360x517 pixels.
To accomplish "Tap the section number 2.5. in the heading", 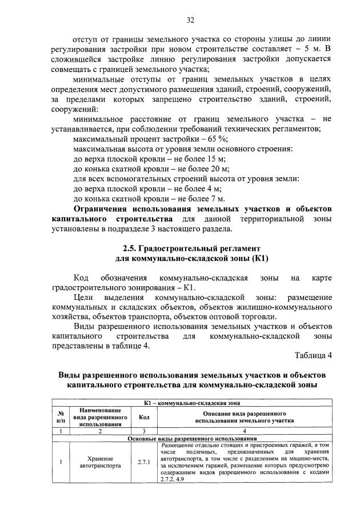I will point(132,249).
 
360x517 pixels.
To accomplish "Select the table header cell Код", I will point(144,416).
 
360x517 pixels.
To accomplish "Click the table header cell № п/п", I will point(60,416).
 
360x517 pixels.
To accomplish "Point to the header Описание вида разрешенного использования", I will point(244,416).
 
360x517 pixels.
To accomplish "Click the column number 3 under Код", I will point(144,431).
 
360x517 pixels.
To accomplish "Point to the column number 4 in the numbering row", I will point(244,431).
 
